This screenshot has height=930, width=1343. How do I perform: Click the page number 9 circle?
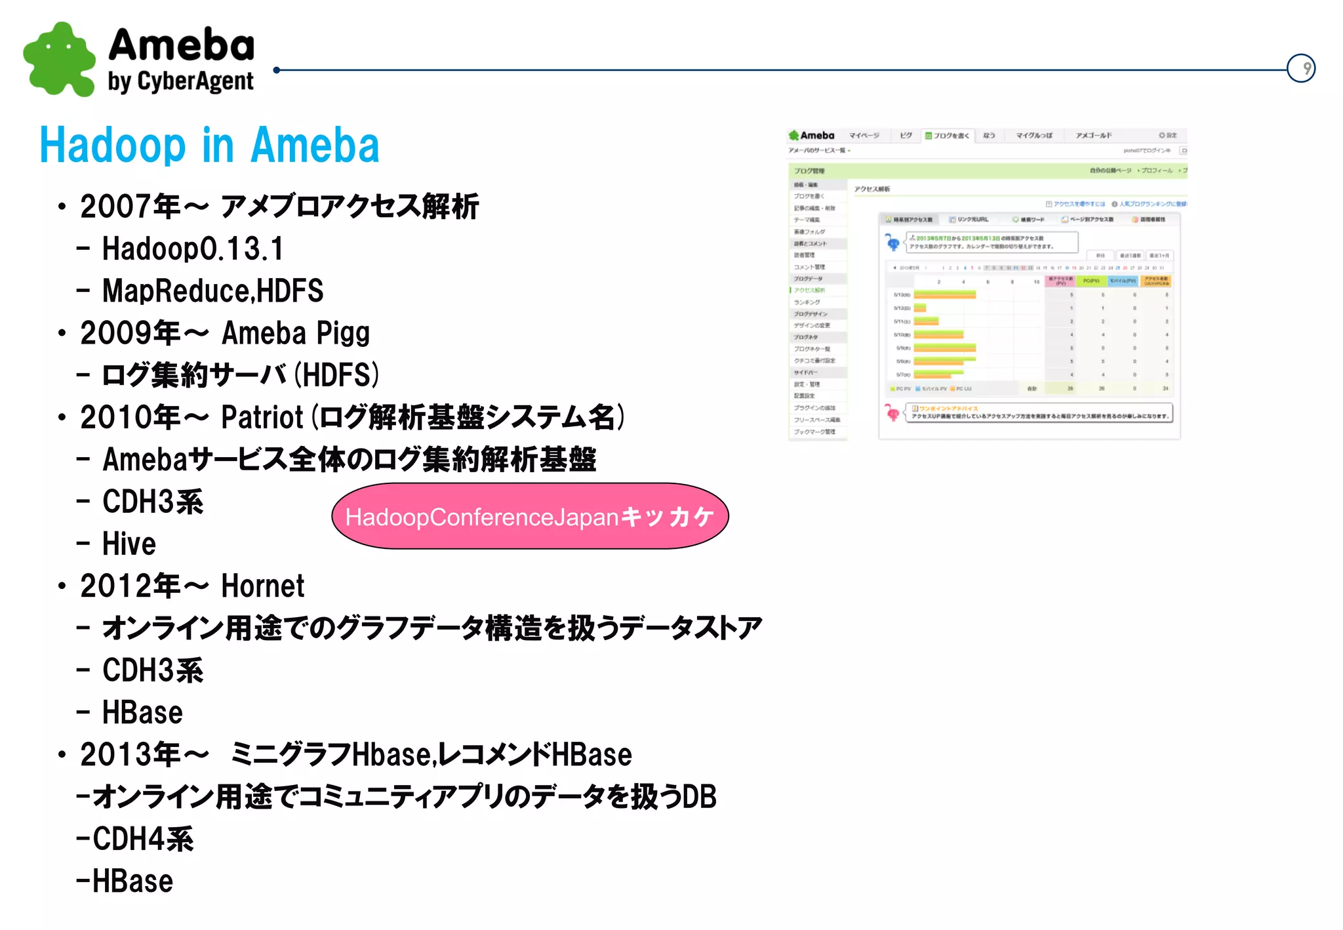(1301, 68)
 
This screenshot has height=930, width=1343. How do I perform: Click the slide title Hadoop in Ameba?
(209, 146)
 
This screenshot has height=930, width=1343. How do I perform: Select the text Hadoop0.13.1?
(193, 249)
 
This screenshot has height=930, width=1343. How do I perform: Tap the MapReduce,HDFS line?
(212, 291)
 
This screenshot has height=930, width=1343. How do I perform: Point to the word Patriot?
(262, 418)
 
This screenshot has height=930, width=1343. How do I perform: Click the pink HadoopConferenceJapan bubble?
(530, 517)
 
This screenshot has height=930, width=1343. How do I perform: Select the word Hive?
(129, 544)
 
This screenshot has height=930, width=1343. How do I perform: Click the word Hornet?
(262, 586)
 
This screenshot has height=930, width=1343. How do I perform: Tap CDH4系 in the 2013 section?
(143, 839)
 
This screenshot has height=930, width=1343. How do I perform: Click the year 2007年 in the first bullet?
(130, 207)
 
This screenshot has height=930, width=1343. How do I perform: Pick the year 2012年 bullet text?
(130, 586)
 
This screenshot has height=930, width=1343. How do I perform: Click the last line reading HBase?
(132, 881)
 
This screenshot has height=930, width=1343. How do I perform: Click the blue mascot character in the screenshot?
(892, 243)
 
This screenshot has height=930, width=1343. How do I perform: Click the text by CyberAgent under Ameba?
(180, 82)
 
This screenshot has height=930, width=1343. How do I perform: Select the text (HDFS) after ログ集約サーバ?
(336, 375)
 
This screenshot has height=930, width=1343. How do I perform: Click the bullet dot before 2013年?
(62, 755)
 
